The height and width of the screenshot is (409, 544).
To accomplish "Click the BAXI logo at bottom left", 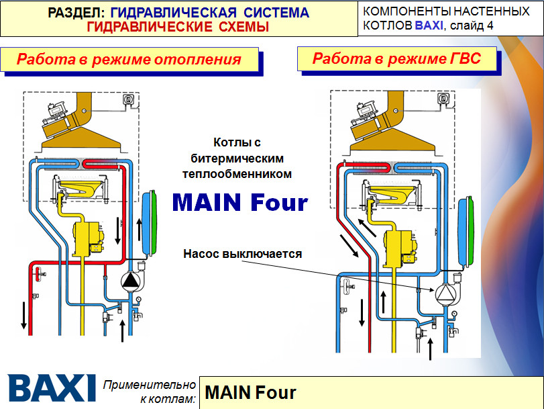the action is point(52,388).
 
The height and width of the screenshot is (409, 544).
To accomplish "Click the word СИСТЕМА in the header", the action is point(276,13).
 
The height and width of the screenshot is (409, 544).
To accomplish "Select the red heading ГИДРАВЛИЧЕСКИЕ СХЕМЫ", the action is point(178,27).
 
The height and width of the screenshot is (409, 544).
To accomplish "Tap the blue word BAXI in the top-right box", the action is point(429,26).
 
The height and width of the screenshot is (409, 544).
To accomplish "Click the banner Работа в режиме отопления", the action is point(129,59).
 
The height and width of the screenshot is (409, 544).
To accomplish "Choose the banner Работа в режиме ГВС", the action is point(397,58).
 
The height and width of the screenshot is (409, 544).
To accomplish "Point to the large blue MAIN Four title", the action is point(240,202).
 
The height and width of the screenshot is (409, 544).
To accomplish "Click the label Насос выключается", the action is point(243,254).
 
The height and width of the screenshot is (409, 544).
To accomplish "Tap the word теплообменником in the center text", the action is point(237,174).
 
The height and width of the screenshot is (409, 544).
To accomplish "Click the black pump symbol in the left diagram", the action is point(130,281).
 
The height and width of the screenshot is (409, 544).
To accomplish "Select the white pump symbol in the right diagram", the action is point(445,293).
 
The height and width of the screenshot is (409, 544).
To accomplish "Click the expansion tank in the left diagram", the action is point(149,224).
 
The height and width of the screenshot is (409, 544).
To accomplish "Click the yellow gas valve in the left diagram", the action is point(89,239).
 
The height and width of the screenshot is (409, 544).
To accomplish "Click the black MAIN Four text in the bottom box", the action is point(250,393).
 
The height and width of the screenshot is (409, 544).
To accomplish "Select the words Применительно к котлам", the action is point(150,392).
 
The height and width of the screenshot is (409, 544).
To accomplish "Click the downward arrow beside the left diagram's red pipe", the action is point(23,315).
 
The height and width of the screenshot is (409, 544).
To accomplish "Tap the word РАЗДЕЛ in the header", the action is point(76,13).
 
